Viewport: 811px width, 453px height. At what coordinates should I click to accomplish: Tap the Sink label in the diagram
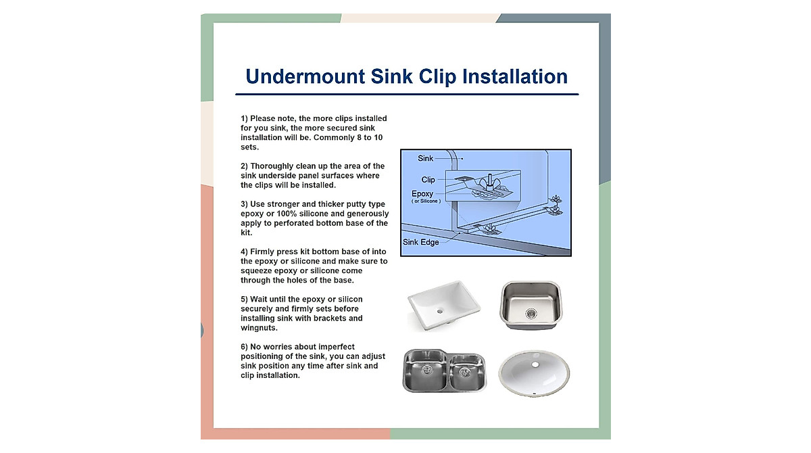(x=426, y=158)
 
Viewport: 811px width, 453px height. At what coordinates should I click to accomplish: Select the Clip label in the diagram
(x=428, y=180)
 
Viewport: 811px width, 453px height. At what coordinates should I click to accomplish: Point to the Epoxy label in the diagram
(x=423, y=194)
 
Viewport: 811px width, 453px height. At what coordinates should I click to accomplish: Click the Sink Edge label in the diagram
(x=420, y=242)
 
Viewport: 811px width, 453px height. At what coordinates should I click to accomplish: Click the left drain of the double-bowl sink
(x=427, y=369)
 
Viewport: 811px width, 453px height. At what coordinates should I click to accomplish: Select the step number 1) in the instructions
(x=245, y=118)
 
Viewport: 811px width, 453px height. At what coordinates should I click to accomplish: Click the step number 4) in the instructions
(x=245, y=252)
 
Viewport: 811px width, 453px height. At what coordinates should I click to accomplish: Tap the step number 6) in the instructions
(x=245, y=347)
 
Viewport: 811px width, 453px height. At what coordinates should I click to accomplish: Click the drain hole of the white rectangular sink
(x=439, y=312)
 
